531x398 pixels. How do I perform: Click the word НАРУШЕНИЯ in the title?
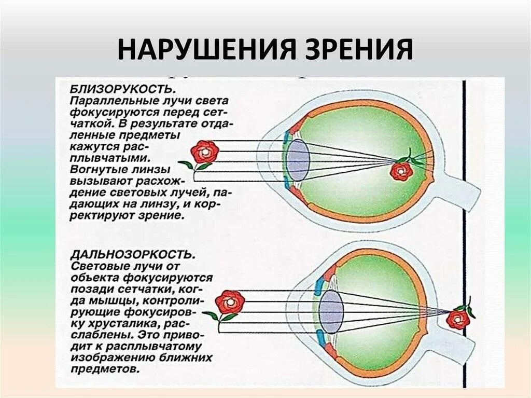203,50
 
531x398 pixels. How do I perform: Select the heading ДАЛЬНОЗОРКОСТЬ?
133,254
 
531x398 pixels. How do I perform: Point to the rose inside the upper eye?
401,170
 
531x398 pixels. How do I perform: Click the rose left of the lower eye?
229,302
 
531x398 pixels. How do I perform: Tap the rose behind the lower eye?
458,319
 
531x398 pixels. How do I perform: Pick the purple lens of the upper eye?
298,159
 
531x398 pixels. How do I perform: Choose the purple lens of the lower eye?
331,311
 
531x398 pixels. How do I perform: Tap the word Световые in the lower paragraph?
94,266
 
